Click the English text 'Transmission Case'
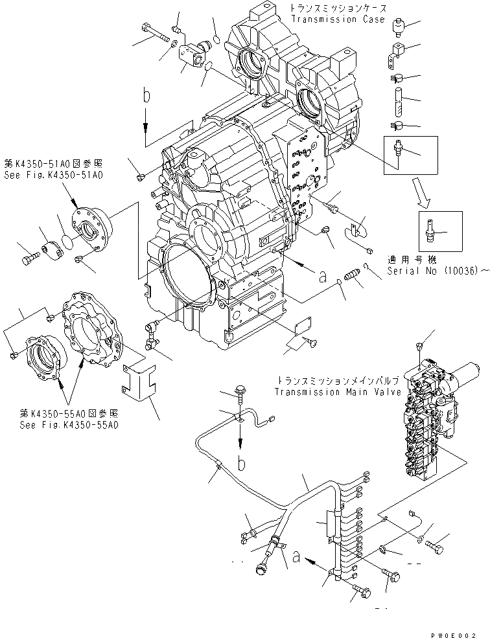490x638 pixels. click(x=332, y=19)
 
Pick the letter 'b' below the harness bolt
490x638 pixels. click(x=242, y=464)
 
